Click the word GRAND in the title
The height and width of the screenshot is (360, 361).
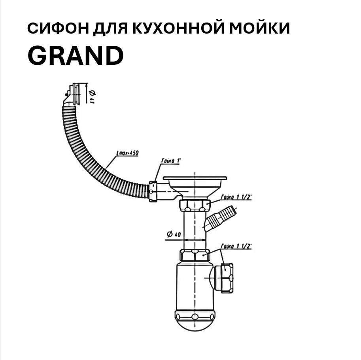pos(75,56)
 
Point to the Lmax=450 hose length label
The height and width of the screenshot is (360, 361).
pos(127,153)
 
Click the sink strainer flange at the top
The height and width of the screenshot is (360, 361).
pos(195,180)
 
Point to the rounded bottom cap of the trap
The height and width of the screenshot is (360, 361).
pos(195,322)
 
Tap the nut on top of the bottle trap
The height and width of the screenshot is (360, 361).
pos(194,255)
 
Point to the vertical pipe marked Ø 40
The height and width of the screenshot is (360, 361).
pos(194,229)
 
